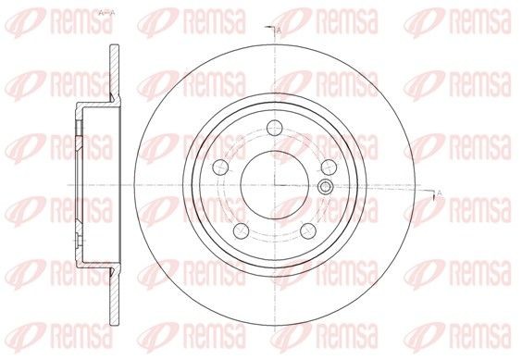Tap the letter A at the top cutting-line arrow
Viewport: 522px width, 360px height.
pyautogui.click(x=279, y=31)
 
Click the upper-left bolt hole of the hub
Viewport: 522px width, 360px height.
pyautogui.click(x=220, y=167)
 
